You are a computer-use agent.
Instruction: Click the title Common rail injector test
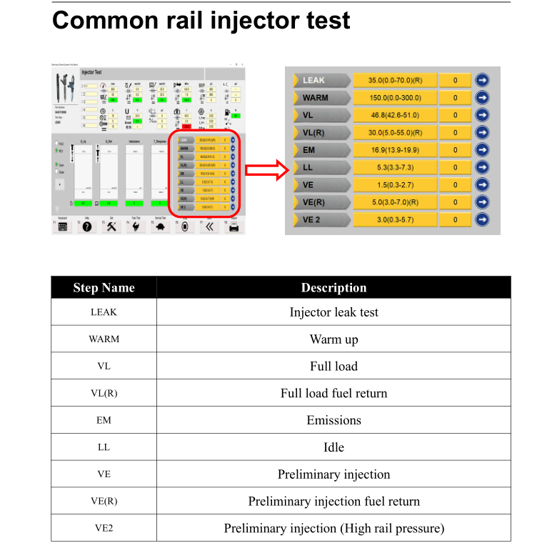click(201, 21)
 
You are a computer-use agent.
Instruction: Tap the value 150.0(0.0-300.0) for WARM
click(394, 98)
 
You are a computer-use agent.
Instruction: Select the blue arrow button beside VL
click(482, 115)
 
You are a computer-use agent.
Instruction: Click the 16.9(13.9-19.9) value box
click(394, 150)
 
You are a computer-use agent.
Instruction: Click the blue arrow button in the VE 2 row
click(482, 219)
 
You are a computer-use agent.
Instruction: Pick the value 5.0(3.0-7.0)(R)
click(394, 202)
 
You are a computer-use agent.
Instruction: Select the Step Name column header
click(104, 288)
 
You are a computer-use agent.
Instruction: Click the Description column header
click(333, 288)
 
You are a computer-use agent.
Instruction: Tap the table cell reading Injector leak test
click(333, 312)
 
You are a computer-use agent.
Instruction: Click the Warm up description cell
click(333, 339)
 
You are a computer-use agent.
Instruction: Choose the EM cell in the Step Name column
click(104, 420)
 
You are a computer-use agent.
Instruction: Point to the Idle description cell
click(333, 447)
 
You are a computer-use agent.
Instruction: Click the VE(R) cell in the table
click(104, 502)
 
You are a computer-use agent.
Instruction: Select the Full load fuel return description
click(333, 393)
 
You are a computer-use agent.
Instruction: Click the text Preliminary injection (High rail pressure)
click(333, 529)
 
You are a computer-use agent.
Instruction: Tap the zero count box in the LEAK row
click(455, 81)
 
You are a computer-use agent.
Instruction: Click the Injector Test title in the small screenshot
click(91, 72)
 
